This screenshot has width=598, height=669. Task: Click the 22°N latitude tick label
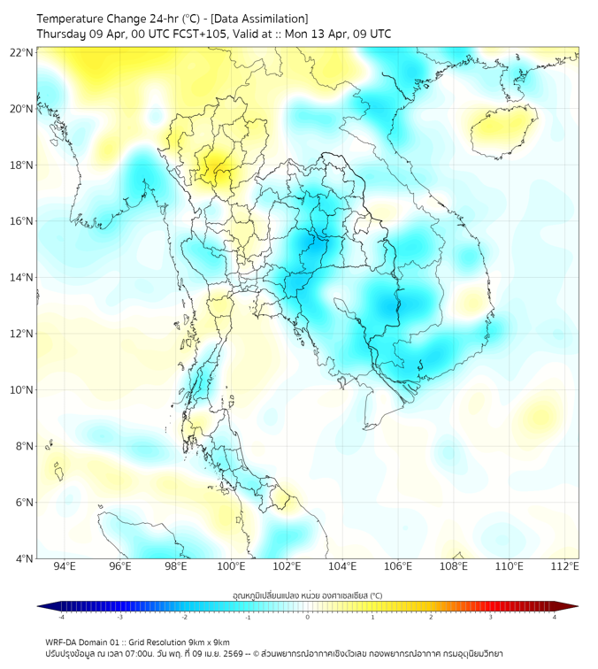click(21, 52)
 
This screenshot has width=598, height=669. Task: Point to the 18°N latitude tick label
click(21, 165)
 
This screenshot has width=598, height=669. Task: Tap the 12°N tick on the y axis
click(21, 334)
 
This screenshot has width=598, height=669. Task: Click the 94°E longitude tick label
click(64, 566)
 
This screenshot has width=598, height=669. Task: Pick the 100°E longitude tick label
click(231, 566)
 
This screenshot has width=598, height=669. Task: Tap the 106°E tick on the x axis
click(398, 566)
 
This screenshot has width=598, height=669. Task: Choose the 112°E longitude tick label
click(565, 566)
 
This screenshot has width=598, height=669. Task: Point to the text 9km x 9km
click(207, 642)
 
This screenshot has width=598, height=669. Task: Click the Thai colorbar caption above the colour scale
click(307, 595)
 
